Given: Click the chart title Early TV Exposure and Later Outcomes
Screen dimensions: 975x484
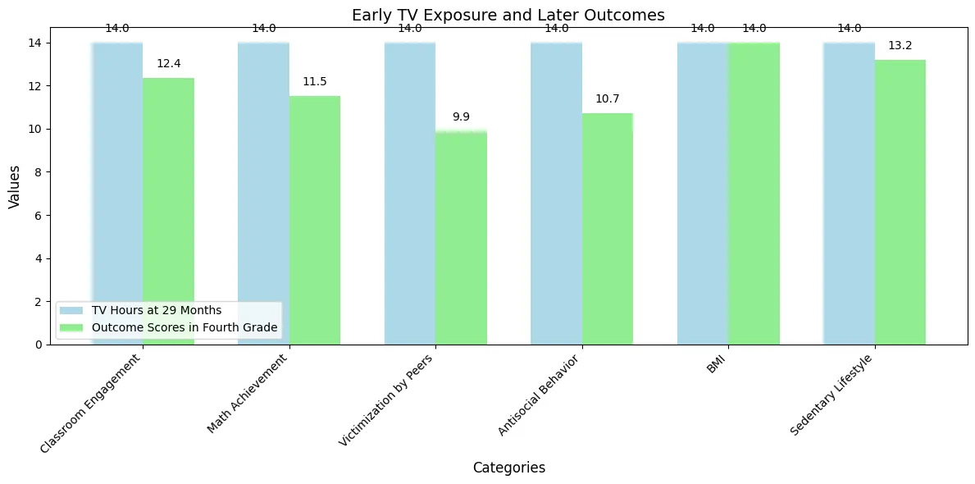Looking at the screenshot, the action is click(508, 16).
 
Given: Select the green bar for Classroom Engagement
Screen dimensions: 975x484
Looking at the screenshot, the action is click(168, 211).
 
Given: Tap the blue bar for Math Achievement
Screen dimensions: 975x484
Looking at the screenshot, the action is click(264, 194).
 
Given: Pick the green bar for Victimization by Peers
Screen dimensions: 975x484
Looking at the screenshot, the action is click(461, 238).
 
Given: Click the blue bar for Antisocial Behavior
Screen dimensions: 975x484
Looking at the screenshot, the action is click(557, 194).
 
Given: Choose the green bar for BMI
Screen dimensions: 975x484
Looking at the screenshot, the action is click(754, 194).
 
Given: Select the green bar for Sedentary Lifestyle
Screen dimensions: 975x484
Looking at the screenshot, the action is click(900, 202).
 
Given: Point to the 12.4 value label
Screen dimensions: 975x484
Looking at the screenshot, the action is click(168, 63).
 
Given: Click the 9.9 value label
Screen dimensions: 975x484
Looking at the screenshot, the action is click(461, 116).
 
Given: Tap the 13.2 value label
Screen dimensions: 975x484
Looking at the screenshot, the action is click(900, 46).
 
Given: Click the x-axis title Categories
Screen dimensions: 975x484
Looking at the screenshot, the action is click(508, 468).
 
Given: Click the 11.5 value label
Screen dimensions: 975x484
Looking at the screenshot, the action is click(315, 81).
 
